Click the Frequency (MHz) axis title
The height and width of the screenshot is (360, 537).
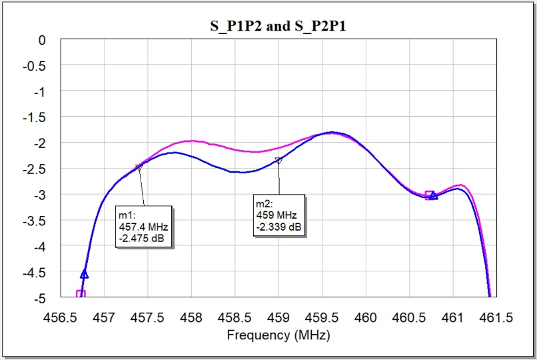pyautogui.click(x=278, y=335)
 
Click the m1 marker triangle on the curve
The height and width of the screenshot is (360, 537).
pyautogui.click(x=139, y=167)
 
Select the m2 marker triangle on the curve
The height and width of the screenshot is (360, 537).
pyautogui.click(x=278, y=161)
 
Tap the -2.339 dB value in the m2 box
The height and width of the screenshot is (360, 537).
pyautogui.click(x=279, y=228)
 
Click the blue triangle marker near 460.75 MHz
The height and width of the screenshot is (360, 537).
pyautogui.click(x=433, y=195)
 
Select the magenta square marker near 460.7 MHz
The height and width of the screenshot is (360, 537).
pyautogui.click(x=429, y=195)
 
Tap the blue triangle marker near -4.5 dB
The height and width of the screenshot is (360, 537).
pyautogui.click(x=85, y=273)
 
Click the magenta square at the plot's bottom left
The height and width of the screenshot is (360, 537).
pyautogui.click(x=81, y=293)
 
